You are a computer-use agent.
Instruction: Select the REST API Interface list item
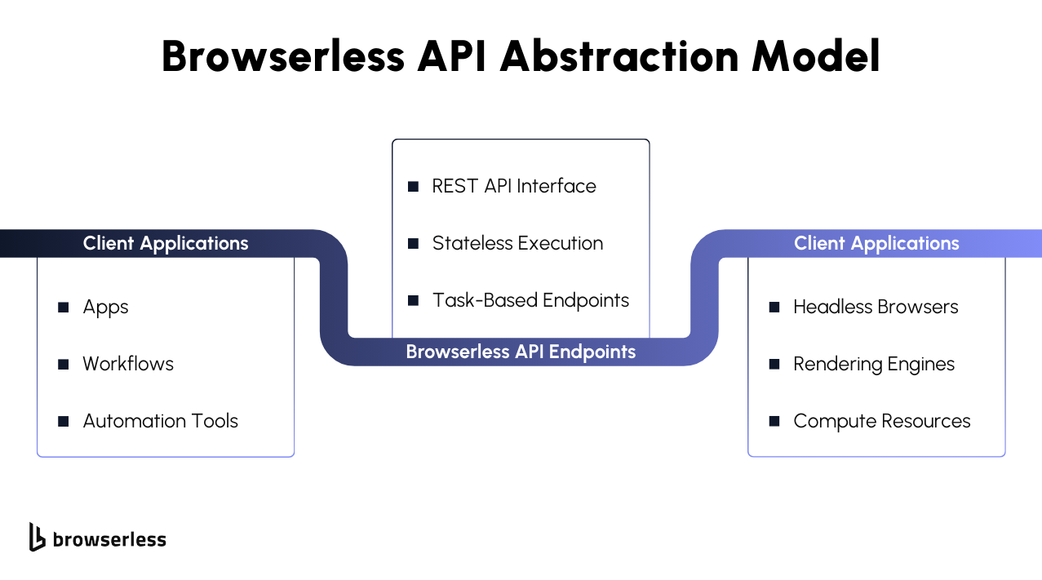514,186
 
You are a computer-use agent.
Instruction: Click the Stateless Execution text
518,243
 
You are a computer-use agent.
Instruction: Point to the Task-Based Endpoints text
530,300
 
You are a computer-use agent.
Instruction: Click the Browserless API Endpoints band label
521,352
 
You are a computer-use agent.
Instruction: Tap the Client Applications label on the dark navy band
166,243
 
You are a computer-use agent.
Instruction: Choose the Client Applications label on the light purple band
876,243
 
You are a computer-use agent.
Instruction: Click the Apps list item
105,308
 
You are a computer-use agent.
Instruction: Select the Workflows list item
128,364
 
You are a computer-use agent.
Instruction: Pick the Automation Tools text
161,421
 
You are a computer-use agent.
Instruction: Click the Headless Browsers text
876,307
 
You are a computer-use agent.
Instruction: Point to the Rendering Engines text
874,364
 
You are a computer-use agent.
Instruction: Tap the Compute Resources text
882,422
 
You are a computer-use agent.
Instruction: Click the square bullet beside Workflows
64,364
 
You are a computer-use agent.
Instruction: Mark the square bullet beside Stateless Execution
413,244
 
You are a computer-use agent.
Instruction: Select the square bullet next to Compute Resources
774,422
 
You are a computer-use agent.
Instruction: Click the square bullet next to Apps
64,308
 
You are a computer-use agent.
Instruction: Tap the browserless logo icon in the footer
37,538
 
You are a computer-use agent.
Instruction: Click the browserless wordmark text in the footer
110,539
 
